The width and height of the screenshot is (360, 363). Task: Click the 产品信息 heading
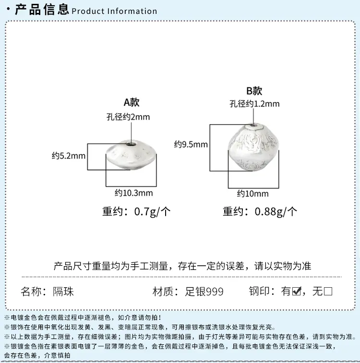42,9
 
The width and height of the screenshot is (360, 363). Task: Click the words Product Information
114,11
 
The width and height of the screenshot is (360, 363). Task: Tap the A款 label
132,102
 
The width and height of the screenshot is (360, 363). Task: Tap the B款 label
254,91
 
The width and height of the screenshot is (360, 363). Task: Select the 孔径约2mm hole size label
128,117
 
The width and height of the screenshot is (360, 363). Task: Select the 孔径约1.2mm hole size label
254,104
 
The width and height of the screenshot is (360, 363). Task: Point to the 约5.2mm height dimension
69,156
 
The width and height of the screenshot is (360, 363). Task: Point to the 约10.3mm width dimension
133,193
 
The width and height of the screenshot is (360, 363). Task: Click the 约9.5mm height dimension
191,144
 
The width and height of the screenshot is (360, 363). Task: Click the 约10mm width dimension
253,194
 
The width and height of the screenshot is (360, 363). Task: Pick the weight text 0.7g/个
153,211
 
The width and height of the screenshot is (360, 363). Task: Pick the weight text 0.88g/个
276,211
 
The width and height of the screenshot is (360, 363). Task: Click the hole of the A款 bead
132,145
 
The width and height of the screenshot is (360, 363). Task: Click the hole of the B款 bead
253,127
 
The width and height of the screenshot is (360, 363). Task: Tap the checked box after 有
297,291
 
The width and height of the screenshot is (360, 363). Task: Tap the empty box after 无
328,291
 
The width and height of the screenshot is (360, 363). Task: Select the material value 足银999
204,292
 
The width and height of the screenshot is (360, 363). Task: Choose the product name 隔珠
63,292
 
